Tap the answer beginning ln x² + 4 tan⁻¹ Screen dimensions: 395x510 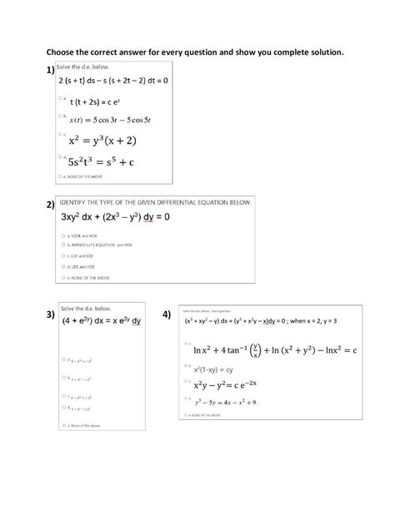274,350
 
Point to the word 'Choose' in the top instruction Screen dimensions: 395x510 63,51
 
